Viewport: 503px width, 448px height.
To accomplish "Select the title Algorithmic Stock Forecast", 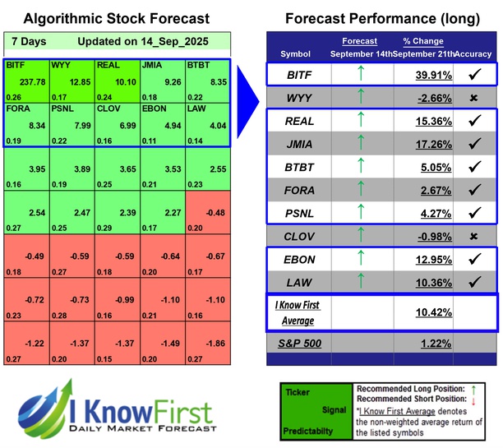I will [x=116, y=18].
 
